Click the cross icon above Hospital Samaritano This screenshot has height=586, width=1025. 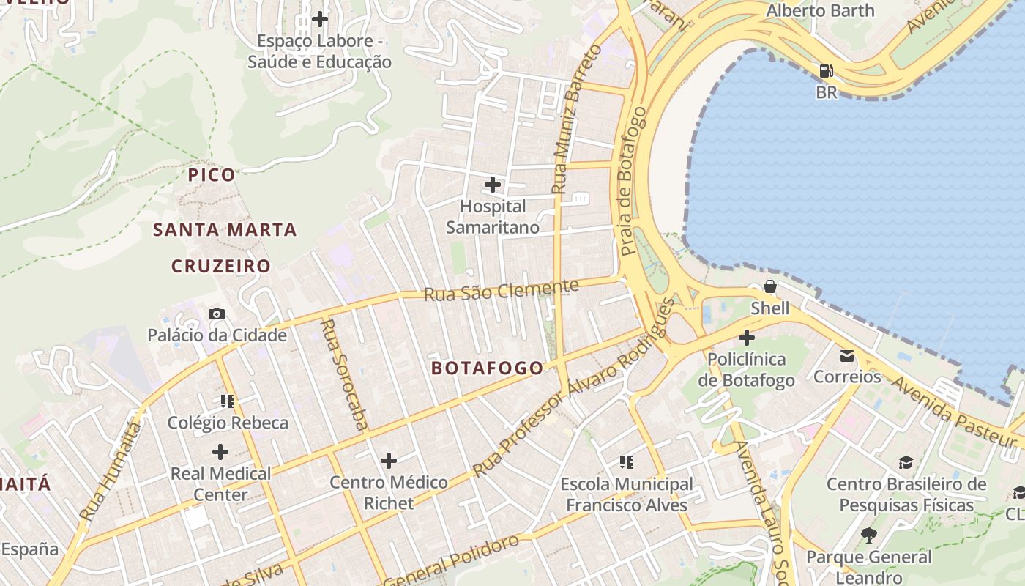pos(493,184)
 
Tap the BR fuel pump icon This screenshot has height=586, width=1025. pos(826,71)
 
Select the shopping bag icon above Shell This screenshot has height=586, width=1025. pos(769,286)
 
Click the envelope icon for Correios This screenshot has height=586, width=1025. pos(847,356)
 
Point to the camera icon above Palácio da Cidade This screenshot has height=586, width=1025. pos(217,314)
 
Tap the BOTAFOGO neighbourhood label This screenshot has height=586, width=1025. pos(488,368)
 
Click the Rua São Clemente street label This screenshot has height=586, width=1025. pos(501,290)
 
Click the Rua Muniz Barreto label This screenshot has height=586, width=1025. pos(576,119)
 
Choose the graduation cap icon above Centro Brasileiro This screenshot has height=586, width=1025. pos(906,462)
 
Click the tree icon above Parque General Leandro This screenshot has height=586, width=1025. pos(869,535)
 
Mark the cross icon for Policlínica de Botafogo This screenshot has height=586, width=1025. pos(746,338)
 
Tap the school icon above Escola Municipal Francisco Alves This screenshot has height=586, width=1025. pos(626,461)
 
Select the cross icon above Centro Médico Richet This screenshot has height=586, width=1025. pos(389,460)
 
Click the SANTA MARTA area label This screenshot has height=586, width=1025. pos(225,230)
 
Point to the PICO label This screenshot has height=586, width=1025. pos(212,175)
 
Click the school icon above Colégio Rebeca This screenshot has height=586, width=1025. pos(227,401)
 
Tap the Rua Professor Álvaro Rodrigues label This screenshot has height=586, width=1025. pos(575,388)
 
